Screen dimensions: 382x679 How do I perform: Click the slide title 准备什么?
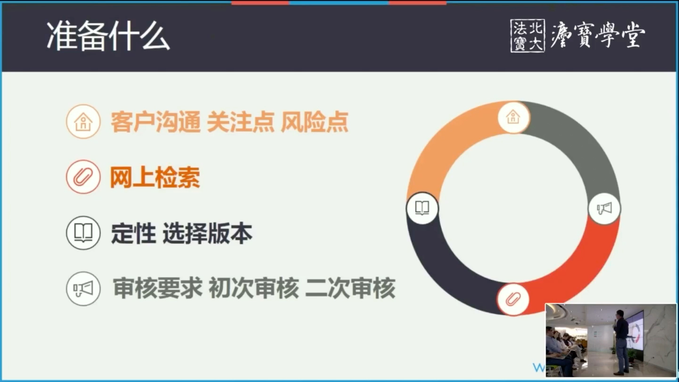coord(108,37)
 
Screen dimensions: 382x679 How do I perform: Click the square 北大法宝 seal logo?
coord(527,35)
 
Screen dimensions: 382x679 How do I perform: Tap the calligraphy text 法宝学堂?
coord(598,35)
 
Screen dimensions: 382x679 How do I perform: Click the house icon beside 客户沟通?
coord(83,122)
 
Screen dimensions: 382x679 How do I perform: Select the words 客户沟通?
coord(156,122)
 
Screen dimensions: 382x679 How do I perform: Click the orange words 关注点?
coord(240,122)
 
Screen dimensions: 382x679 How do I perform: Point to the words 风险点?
coord(315,122)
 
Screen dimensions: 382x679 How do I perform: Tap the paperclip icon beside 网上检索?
coord(83,177)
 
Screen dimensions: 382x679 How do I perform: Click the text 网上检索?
coord(155,178)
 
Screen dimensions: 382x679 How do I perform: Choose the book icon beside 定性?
coord(83,233)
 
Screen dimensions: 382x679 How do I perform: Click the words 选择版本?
coord(207,233)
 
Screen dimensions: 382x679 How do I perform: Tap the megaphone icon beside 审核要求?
coord(83,289)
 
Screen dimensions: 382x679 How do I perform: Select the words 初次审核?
coord(254,288)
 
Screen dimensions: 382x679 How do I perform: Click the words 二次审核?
coord(350,288)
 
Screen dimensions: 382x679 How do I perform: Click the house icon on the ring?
coord(513,116)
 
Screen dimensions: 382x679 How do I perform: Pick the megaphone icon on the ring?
coord(604,208)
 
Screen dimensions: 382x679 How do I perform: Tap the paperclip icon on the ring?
coord(513,299)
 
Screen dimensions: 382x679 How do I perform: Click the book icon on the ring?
coord(422,208)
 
